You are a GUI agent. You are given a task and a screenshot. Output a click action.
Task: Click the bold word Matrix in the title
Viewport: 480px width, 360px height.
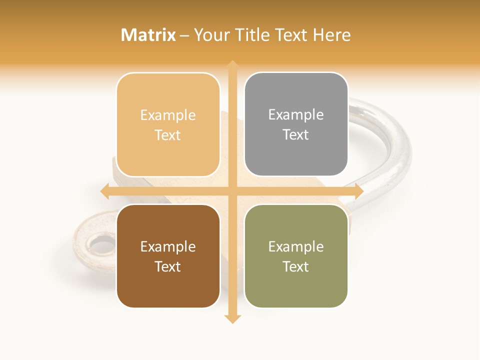pos(148,35)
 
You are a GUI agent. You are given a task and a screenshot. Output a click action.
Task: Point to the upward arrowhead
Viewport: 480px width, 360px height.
pos(232,65)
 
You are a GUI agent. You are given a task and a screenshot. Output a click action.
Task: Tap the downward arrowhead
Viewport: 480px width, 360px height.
pos(232,319)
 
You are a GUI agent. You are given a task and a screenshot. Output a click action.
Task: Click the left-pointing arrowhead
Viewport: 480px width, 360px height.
pos(105,191)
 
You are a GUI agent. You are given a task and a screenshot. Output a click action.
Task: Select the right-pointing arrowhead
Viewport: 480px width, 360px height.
pos(358,191)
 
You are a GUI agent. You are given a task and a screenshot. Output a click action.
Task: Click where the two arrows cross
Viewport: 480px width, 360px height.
pos(232,191)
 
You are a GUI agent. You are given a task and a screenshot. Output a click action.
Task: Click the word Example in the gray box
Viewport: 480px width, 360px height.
pos(296,115)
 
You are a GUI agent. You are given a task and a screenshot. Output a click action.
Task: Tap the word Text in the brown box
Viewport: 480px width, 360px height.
pos(168,266)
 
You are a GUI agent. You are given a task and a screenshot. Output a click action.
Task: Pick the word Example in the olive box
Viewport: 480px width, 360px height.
pos(296,246)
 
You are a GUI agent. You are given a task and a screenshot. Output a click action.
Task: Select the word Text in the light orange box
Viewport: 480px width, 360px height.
pos(168,135)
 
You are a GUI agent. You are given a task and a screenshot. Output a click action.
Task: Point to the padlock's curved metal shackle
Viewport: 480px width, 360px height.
pos(395,150)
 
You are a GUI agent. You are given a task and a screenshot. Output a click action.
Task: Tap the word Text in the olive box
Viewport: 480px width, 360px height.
pos(296,266)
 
